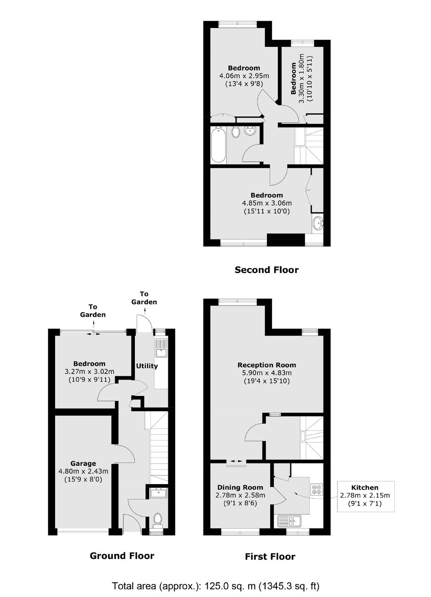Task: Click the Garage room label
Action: (x=83, y=463)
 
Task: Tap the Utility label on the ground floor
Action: (x=147, y=366)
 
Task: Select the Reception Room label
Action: (x=267, y=365)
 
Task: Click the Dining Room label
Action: (x=240, y=487)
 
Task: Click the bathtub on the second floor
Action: (x=218, y=145)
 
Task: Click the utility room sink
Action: (x=161, y=348)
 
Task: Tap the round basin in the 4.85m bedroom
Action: (x=318, y=223)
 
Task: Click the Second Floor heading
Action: (x=266, y=270)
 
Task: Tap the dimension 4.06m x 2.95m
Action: (x=244, y=76)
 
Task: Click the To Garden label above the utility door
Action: (x=144, y=298)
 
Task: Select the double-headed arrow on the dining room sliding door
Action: (x=236, y=461)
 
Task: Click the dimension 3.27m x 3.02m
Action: (x=89, y=372)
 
